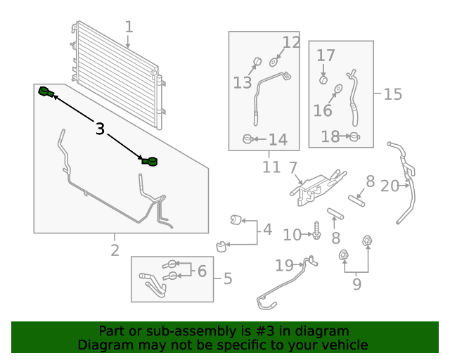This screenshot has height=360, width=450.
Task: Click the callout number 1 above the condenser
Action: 129,27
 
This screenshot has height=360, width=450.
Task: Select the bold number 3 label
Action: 100,129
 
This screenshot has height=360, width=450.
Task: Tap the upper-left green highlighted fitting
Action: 46,92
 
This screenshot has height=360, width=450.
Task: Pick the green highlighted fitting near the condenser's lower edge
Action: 150,162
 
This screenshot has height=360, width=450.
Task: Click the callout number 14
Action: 278,139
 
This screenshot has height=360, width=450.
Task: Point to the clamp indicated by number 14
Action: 247,139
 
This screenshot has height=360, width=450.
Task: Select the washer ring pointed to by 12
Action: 273,62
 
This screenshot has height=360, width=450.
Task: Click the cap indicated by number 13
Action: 257,61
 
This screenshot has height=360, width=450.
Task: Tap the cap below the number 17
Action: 323,80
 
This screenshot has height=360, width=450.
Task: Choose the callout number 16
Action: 323,110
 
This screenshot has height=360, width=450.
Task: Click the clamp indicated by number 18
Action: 355,136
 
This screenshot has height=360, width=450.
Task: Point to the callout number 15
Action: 393,94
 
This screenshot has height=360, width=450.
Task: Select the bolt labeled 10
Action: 316,231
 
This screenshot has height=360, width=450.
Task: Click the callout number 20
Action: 390,186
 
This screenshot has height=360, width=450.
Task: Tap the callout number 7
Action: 292,167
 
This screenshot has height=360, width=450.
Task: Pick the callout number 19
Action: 284,266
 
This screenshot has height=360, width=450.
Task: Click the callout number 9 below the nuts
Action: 356,284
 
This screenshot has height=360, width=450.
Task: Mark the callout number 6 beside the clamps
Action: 202,271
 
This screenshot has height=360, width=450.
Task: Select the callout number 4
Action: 267,230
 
